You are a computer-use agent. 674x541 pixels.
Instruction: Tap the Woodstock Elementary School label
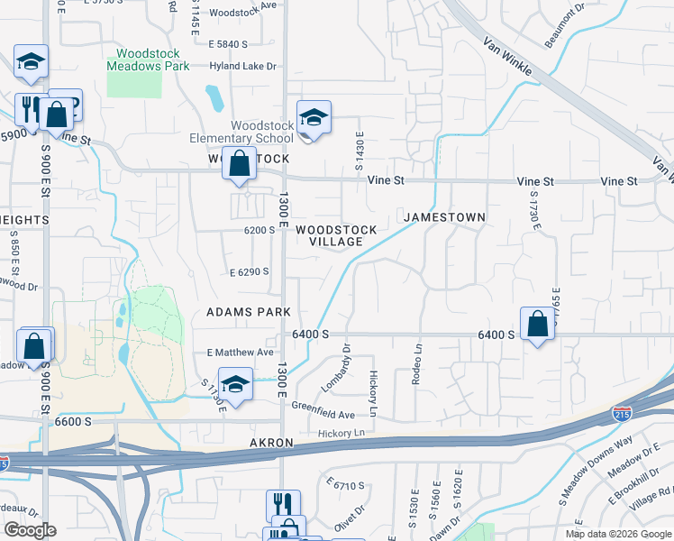coord(261,132)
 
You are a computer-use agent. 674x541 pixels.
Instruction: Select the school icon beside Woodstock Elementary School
coord(314,117)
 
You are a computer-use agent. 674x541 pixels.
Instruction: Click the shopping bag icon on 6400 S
coord(537,324)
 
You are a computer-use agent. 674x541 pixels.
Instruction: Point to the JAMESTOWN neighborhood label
coord(444,217)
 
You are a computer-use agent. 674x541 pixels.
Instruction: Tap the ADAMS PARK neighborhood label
coord(248,312)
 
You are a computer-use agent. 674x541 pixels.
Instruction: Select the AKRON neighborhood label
coord(272,444)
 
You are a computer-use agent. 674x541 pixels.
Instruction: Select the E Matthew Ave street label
coord(240,353)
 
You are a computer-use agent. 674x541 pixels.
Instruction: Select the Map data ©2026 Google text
coord(617,534)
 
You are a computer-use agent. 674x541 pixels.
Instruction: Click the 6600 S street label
coord(73,421)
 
